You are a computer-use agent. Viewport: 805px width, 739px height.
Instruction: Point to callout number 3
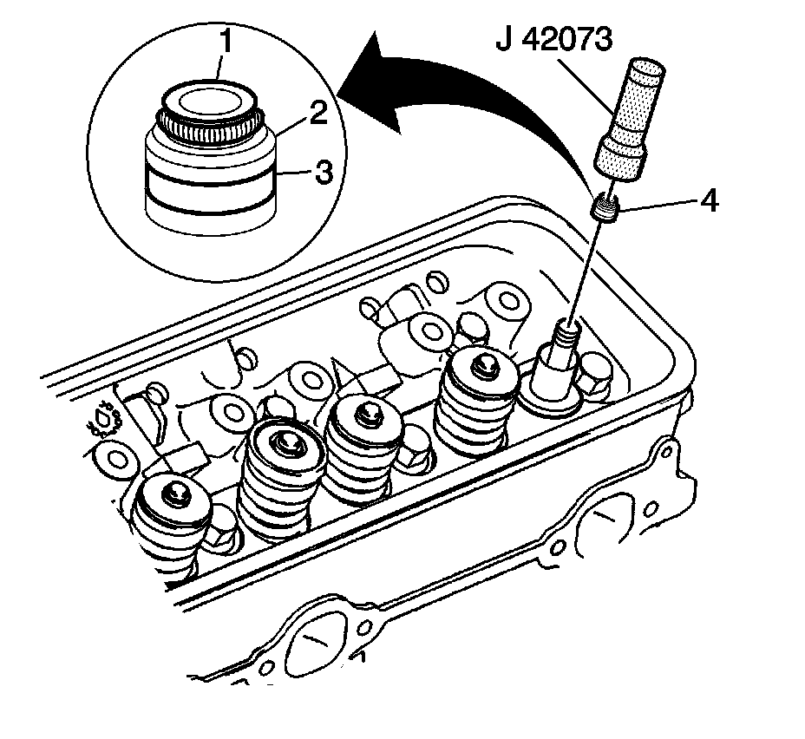322,172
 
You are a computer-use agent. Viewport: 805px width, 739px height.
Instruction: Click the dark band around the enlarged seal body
208,186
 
